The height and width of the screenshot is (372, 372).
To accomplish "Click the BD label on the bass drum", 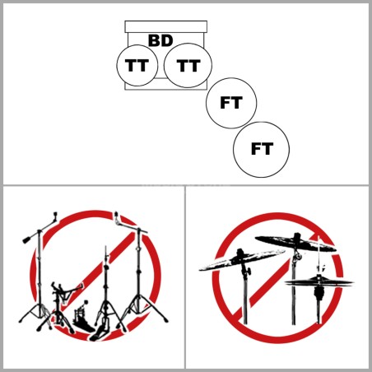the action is tap(160, 40).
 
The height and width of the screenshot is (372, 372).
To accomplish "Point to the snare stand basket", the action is tap(67, 290).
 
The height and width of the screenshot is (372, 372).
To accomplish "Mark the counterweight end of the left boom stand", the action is tap(27, 240).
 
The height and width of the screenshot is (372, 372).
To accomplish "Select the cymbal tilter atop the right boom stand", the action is tap(118, 219).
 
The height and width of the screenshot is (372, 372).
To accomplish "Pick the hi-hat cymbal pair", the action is tap(319, 282).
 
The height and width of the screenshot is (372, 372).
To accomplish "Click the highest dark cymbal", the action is tap(295, 243).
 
